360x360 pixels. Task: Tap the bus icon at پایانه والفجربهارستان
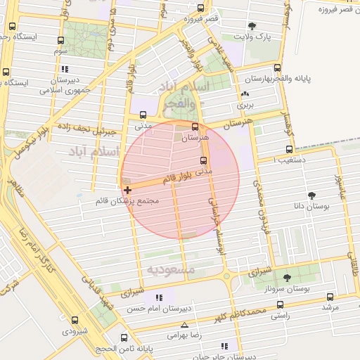277,69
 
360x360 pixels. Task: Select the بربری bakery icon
244,94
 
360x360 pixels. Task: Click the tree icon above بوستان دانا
311,196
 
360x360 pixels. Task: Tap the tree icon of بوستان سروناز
287,278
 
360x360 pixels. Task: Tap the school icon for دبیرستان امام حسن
159,298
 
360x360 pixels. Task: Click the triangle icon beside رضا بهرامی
184,325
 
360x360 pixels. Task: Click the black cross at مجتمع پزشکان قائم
127,190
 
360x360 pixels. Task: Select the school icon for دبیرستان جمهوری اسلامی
65,69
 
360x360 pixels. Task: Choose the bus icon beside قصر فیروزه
200,8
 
